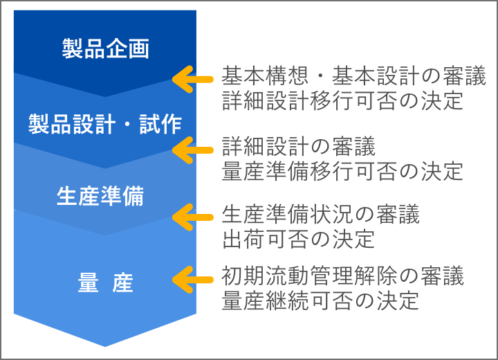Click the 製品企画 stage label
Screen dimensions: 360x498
click(x=106, y=50)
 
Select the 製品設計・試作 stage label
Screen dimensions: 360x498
click(x=105, y=124)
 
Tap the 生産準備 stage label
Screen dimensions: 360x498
click(x=100, y=197)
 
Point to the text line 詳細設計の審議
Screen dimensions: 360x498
click(x=298, y=146)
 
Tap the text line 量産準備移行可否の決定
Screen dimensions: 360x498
click(x=342, y=171)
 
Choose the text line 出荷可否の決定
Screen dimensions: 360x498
click(x=298, y=240)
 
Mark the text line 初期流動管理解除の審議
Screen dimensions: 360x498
click(x=342, y=276)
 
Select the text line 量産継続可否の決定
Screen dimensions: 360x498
click(x=320, y=302)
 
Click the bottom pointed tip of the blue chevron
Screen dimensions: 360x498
click(x=105, y=345)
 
